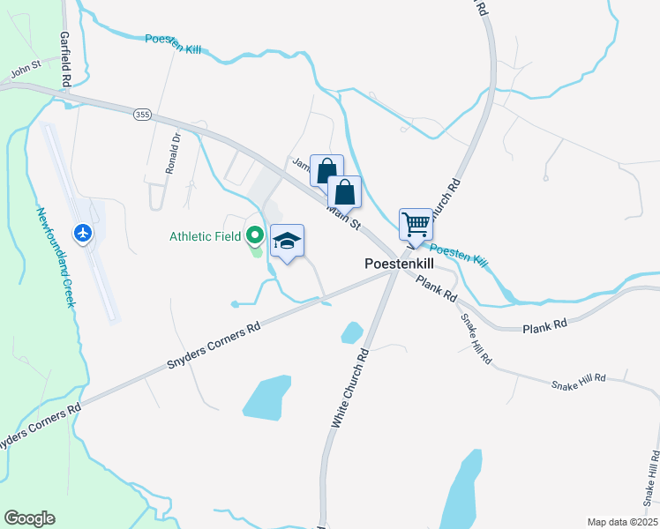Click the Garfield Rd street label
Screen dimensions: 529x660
(64, 59)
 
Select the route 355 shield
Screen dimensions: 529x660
(142, 115)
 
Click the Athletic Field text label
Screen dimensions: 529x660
(205, 235)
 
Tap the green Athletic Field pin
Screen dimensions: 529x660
(255, 235)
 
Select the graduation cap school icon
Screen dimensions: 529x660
(287, 242)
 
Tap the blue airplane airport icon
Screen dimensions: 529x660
(84, 234)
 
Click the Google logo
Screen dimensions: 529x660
(29, 518)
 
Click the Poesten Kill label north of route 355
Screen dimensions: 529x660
(173, 44)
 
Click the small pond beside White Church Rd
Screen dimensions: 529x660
(351, 332)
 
